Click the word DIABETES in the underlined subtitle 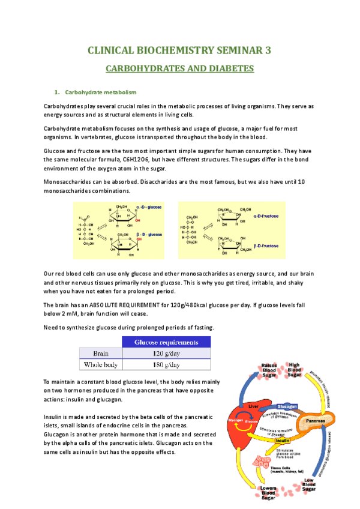pos(226,69)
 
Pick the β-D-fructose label pos(265,245)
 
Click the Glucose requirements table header pos(166,342)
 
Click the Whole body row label pos(100,364)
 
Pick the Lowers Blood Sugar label pos(268,495)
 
